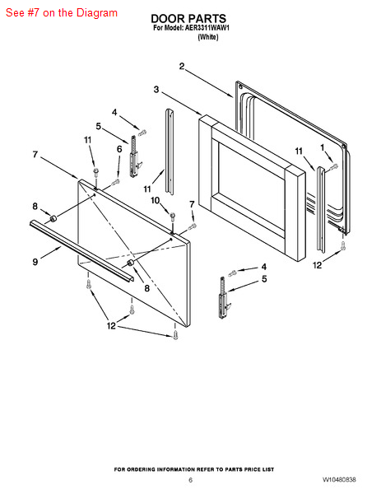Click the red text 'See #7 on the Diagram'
(62, 13)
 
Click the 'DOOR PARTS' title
(188, 18)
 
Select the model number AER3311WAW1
(207, 28)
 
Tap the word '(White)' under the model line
(208, 37)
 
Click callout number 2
(182, 67)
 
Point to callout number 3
(156, 90)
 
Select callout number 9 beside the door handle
(35, 262)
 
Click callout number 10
(156, 200)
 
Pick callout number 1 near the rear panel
(322, 147)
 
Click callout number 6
(119, 149)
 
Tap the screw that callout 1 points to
(334, 166)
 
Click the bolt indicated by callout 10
(173, 217)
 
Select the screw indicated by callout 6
(116, 182)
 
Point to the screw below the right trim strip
(343, 246)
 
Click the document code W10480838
(339, 480)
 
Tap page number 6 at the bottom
(190, 480)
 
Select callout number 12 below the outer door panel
(111, 325)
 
